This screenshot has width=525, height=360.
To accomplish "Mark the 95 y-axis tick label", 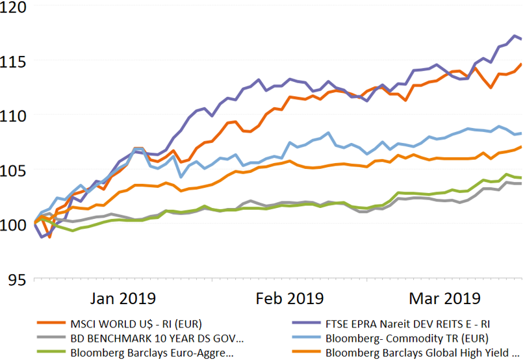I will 17,279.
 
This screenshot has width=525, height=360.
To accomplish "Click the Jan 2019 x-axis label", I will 123,298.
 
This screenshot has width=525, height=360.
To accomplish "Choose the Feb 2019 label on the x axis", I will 290,298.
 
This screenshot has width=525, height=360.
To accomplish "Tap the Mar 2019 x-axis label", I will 444,298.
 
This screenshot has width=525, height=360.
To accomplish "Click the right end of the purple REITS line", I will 521,39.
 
